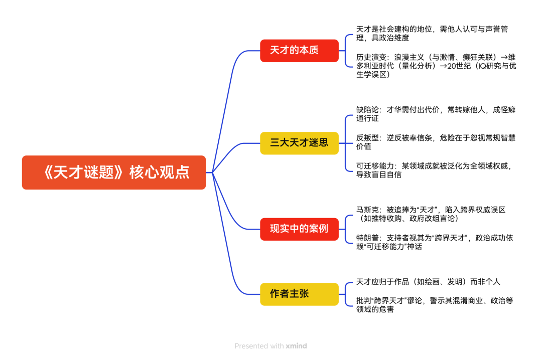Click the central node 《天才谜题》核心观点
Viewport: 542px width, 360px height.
[114, 172]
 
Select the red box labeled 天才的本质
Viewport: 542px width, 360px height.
[299, 51]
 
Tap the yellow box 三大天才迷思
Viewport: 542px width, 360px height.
[299, 143]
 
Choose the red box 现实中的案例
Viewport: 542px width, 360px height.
[299, 229]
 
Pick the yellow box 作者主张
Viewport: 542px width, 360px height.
[299, 294]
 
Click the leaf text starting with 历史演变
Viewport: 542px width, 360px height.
[436, 66]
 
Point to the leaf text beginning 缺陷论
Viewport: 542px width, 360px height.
[436, 114]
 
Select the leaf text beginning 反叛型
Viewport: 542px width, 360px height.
[436, 142]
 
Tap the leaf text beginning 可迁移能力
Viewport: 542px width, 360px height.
[434, 170]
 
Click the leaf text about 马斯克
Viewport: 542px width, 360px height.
[431, 214]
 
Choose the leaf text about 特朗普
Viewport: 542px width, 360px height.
[435, 242]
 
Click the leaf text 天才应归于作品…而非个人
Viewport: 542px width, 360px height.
[428, 282]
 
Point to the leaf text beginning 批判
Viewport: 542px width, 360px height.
[435, 305]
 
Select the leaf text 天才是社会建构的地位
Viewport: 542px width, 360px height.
[432, 34]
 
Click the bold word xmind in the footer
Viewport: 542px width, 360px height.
[296, 346]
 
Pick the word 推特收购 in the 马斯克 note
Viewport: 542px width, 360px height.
[386, 218]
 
